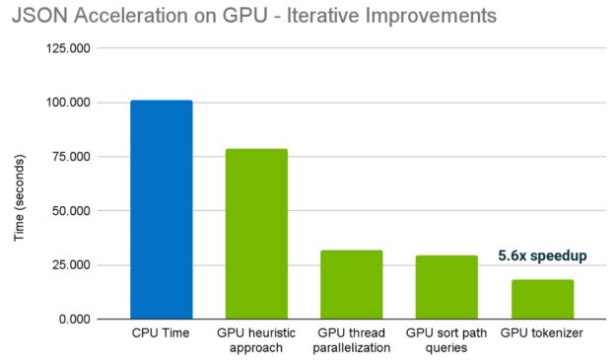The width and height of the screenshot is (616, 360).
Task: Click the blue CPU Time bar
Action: click(162, 210)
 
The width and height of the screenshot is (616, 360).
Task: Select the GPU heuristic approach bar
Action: click(256, 234)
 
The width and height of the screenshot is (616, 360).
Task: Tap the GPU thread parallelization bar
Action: click(352, 284)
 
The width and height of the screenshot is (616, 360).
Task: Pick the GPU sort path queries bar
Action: click(446, 287)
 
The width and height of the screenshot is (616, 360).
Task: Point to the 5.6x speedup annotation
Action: click(542, 255)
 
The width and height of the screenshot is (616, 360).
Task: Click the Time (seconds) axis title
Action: click(19, 183)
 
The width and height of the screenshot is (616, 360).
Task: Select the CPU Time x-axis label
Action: click(162, 334)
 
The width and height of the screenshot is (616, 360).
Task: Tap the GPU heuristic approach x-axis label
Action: click(256, 341)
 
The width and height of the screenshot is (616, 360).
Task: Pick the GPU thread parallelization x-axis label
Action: click(352, 341)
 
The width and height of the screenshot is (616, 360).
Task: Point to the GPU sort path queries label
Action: click(446, 341)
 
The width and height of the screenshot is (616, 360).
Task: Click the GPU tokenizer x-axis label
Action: click(542, 334)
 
